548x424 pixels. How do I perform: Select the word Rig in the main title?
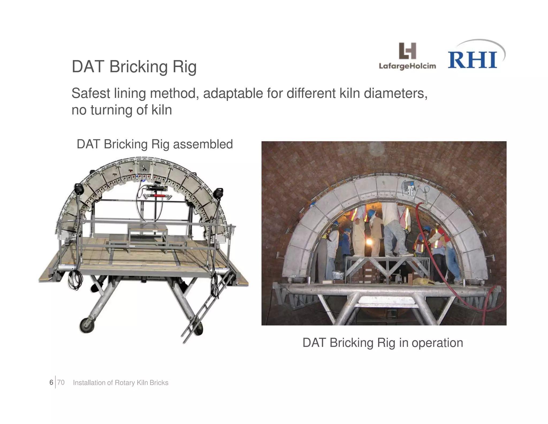tap(184, 67)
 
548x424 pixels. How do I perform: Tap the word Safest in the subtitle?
tap(91, 94)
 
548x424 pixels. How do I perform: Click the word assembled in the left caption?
tap(203, 144)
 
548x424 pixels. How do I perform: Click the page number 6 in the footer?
tap(51, 382)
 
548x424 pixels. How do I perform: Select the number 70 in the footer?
tap(61, 382)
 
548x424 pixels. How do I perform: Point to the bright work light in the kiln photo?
tap(370, 242)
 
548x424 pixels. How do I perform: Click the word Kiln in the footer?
tap(142, 383)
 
